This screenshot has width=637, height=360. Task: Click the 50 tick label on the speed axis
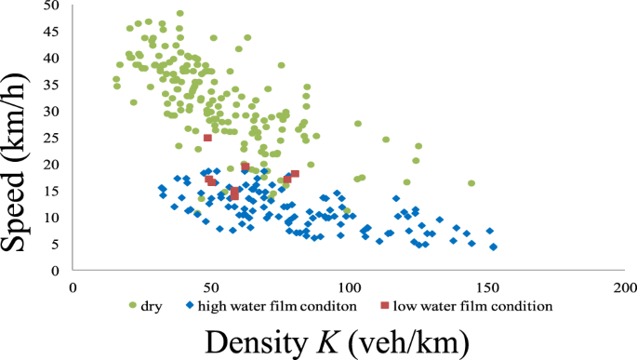click(53, 6)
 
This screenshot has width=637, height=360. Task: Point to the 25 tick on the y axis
click(53, 138)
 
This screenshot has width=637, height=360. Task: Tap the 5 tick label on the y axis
click(57, 245)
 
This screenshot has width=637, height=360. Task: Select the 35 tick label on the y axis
click(53, 85)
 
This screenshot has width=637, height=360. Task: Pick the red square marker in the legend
click(384, 305)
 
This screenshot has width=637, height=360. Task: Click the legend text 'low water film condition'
click(472, 305)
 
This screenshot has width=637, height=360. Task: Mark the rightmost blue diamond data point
click(493, 247)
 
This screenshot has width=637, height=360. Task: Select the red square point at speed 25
click(207, 138)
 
